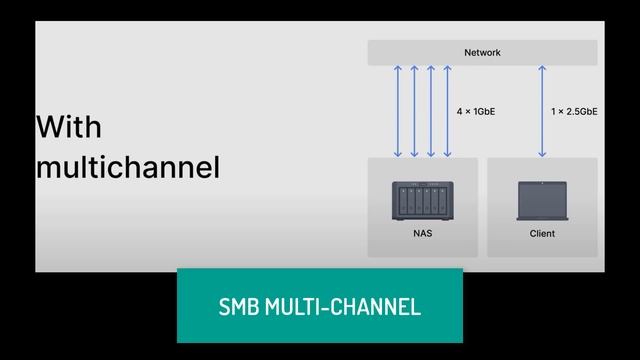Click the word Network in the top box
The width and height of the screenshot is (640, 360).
tap(482, 53)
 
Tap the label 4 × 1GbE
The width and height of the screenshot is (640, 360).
tap(475, 112)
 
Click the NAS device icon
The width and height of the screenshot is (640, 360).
tap(422, 202)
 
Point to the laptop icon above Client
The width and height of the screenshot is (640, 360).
tap(541, 202)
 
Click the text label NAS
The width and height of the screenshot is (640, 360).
tap(422, 234)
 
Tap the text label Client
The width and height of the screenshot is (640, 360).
tap(542, 234)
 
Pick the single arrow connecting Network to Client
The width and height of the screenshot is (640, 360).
tap(542, 111)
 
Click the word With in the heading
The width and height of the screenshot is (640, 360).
tap(68, 128)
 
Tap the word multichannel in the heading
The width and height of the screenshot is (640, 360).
tap(127, 167)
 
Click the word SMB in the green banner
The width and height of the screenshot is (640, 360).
tap(240, 306)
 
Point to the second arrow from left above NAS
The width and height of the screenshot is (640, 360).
tap(414, 111)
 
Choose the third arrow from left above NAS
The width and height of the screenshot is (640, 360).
tap(430, 111)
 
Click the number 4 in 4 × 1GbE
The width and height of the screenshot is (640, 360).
tap(458, 112)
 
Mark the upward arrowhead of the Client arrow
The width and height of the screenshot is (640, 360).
tap(542, 70)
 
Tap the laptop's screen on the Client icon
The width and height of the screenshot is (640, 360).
tap(541, 199)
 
